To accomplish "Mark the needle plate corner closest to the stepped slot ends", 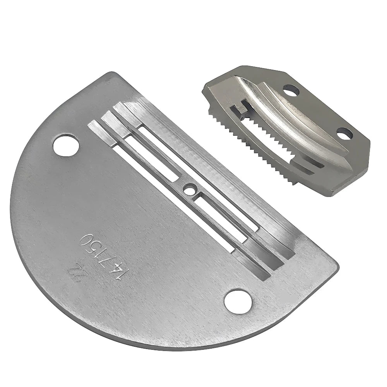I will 113,74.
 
